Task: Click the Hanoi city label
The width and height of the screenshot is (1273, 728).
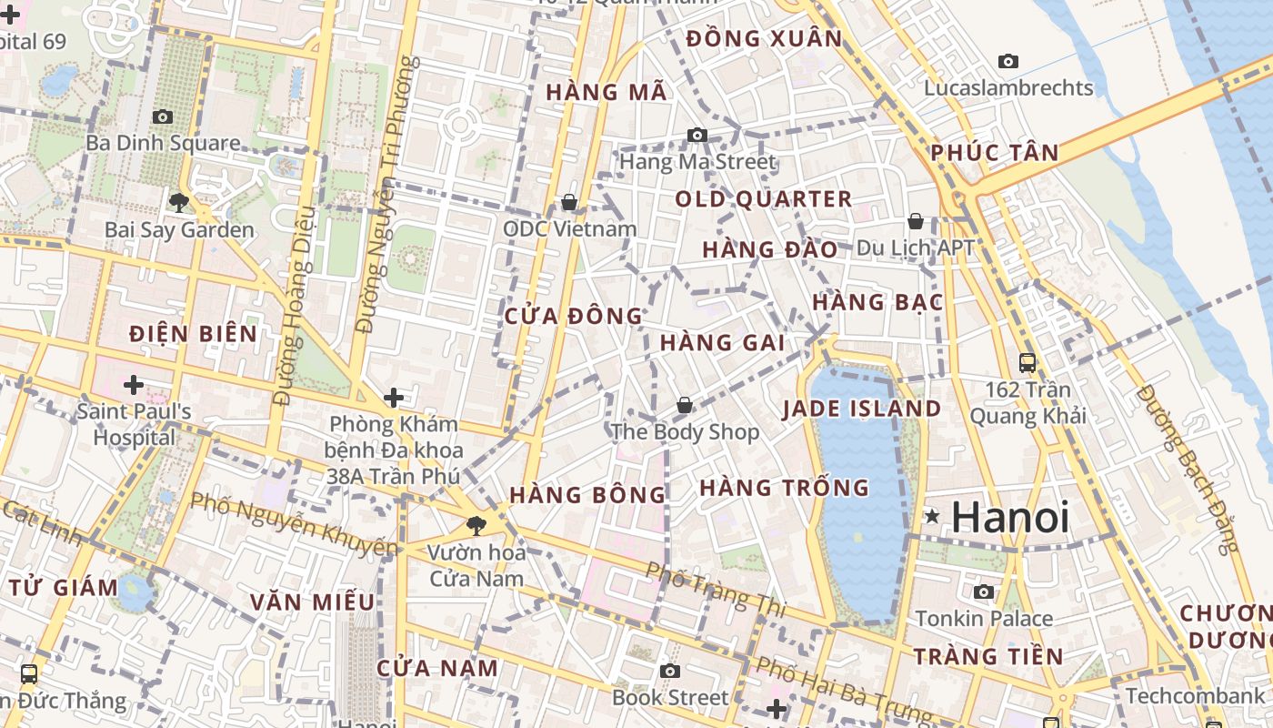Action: tap(1009, 518)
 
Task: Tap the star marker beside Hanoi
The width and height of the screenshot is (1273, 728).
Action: tap(932, 517)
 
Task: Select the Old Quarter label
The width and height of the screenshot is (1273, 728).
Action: tap(763, 199)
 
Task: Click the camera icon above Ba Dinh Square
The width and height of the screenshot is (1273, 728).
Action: tap(163, 116)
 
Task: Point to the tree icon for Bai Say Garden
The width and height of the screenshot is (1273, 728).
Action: tap(179, 202)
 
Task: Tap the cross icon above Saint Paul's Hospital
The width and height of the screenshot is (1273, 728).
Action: tap(134, 385)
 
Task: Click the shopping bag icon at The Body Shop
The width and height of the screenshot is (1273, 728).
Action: tap(685, 405)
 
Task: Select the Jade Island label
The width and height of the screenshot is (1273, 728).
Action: tap(861, 409)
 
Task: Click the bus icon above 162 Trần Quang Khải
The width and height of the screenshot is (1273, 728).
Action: tap(1027, 363)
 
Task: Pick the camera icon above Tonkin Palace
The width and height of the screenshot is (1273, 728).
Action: tap(983, 592)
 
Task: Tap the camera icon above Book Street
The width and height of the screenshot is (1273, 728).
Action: tap(670, 672)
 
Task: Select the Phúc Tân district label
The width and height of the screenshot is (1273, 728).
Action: tap(995, 153)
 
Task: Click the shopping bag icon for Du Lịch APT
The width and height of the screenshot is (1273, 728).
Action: tap(916, 221)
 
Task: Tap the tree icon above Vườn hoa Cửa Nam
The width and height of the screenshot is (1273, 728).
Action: tap(476, 525)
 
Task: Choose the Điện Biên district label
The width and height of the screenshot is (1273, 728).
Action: tap(193, 333)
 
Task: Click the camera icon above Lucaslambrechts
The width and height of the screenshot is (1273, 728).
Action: tap(1007, 62)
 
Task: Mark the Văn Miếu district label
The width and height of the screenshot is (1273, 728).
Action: tap(312, 602)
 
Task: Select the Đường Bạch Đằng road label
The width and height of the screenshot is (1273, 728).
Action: tap(1188, 469)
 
